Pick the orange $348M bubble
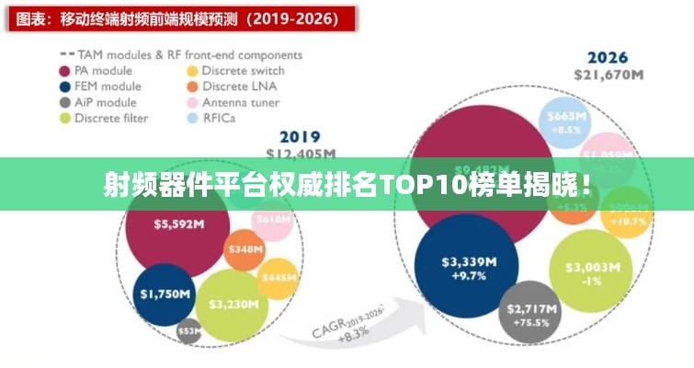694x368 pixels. point(245,249)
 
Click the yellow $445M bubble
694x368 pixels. point(278,277)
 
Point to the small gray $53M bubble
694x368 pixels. point(188,331)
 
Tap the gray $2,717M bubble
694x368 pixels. point(533,312)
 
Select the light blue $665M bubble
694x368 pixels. point(565,122)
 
